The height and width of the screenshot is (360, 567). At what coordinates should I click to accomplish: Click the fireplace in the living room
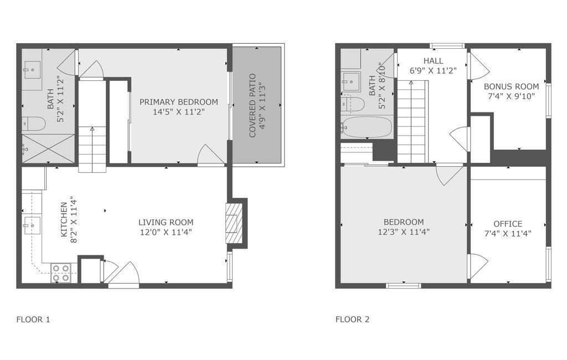234,223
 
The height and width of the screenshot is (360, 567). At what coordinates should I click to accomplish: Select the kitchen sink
32,225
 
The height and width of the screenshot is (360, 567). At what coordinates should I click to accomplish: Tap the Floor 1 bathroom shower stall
48,148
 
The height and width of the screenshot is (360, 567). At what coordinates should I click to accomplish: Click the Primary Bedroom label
178,102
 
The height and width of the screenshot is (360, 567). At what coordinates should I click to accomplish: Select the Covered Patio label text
252,105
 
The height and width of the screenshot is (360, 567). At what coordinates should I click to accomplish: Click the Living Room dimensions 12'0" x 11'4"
166,233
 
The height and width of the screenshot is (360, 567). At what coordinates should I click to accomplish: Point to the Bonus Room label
511,86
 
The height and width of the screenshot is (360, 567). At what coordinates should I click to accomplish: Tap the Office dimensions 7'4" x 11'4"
508,233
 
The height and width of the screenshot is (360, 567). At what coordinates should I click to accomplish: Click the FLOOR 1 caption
33,320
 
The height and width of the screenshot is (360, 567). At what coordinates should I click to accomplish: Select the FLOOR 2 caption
352,320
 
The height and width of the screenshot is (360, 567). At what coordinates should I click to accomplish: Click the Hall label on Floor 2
433,60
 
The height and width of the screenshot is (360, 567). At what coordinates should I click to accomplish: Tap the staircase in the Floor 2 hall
411,122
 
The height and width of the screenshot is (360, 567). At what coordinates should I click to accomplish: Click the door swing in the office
477,266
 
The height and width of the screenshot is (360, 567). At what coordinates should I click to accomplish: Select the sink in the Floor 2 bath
350,81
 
